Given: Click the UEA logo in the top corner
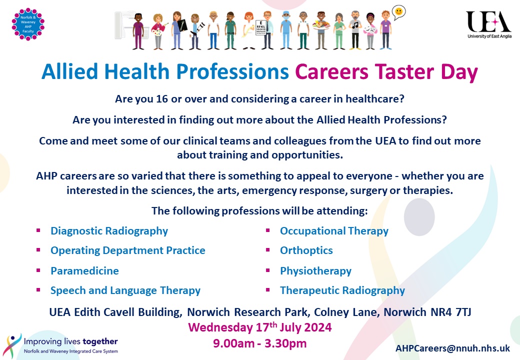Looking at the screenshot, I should (x=488, y=24).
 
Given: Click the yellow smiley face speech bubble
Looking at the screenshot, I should (x=398, y=11).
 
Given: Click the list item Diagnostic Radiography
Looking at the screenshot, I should (x=109, y=231).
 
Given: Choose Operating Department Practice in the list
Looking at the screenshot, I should (x=127, y=250).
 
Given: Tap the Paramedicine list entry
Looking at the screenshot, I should (x=84, y=271).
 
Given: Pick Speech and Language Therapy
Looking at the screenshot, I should (x=125, y=290).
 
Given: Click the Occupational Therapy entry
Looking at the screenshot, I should (x=334, y=231).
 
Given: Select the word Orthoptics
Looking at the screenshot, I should (x=306, y=250).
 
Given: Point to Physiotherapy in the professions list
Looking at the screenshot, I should (x=315, y=271).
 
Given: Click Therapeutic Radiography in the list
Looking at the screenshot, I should (x=342, y=290).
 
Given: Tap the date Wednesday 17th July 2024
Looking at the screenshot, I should (x=259, y=328).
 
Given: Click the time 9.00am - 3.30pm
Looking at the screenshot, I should (x=259, y=343).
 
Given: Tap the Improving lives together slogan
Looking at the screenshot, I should (x=70, y=342).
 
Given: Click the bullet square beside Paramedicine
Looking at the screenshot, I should (x=38, y=270).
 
